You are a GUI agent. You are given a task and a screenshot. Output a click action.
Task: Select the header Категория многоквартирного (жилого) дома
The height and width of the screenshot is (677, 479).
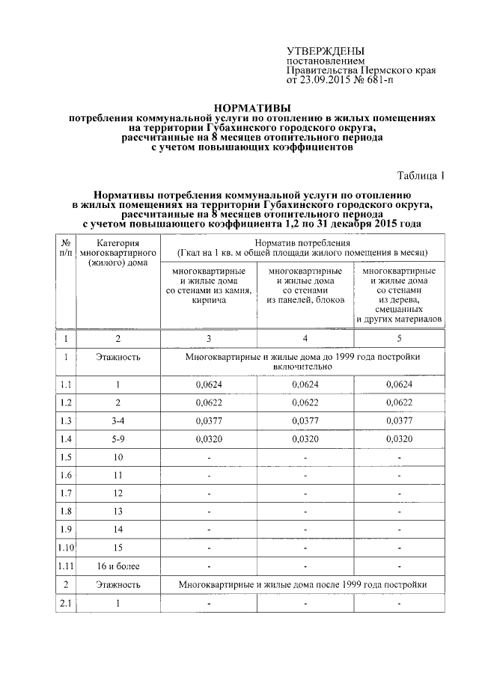coord(118,253)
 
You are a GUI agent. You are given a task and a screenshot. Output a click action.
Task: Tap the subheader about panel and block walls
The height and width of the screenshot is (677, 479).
coord(305,285)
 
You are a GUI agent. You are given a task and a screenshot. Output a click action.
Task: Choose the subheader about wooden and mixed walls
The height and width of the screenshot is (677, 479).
coord(400,295)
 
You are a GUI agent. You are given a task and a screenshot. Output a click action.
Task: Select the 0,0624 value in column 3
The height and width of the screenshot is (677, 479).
coord(209,385)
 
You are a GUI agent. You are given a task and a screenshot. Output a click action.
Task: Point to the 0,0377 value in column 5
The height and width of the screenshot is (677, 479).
coord(400,420)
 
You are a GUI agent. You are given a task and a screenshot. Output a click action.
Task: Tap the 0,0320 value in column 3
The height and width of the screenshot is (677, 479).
coord(209,439)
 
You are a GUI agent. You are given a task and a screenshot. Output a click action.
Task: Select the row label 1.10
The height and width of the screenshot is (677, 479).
coord(65,548)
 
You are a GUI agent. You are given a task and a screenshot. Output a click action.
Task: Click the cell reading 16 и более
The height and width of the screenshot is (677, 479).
coord(118,566)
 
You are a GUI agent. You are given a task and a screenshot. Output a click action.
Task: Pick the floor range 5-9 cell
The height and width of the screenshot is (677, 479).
coord(118,439)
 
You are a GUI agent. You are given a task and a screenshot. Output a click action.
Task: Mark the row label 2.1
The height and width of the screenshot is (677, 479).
coord(65,603)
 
